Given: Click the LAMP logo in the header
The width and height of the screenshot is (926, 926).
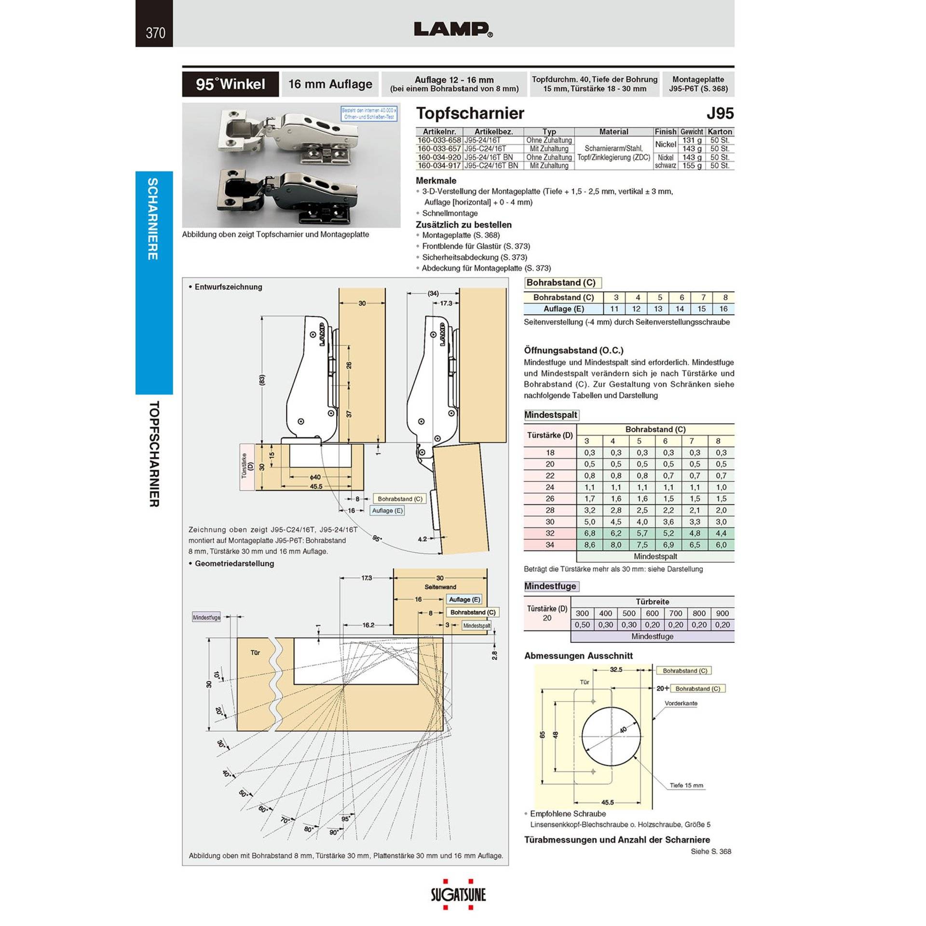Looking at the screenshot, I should [453, 29].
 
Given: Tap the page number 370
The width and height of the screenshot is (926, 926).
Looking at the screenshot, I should [155, 33].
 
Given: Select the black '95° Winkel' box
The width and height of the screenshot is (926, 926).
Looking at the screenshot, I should [230, 84].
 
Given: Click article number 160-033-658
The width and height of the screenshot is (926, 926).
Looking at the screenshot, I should [439, 140].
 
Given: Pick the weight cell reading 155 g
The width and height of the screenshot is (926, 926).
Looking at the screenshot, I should [692, 165].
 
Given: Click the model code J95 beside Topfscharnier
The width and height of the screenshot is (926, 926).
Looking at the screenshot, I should [720, 113].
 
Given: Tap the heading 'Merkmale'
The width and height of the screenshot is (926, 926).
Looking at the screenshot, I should [436, 180].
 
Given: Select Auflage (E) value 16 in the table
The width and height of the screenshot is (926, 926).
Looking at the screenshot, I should [723, 309].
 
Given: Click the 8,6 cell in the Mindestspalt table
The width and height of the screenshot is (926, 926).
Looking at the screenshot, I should [589, 545].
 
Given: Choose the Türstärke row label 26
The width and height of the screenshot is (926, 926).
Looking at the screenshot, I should [550, 498].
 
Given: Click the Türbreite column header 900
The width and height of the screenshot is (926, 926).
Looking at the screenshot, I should [722, 613].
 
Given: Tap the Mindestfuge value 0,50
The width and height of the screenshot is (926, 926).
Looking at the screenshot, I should [582, 625].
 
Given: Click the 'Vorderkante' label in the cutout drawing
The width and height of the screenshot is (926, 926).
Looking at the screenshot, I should [681, 703].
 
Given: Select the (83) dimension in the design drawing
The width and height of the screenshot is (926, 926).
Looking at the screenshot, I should [262, 380].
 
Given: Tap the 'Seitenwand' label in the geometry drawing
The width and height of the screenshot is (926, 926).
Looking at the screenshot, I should [440, 587].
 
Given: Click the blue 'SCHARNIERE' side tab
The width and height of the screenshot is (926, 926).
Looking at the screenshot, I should [153, 219].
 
